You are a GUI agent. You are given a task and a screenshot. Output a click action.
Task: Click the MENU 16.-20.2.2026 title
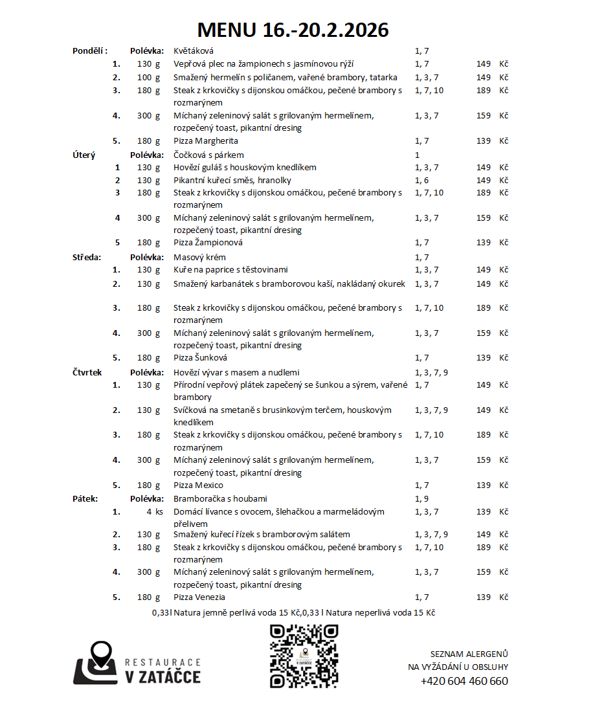293,30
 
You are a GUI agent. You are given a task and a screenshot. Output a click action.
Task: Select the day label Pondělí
89,50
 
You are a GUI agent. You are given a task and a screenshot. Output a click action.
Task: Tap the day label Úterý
84,155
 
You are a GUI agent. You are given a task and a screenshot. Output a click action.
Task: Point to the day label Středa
87,258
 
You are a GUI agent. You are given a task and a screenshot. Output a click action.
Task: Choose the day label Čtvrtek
87,373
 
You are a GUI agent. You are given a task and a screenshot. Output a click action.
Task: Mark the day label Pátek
85,499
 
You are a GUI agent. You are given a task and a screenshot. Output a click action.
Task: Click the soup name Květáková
194,50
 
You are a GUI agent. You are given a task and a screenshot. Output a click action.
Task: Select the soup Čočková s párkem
208,155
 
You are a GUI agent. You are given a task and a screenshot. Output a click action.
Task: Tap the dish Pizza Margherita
206,141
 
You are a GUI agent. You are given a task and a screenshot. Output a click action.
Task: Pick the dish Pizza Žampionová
208,243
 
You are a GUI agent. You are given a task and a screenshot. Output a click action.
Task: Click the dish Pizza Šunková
200,358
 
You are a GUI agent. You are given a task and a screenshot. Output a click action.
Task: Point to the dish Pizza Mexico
198,485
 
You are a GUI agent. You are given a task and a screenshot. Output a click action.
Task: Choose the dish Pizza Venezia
199,597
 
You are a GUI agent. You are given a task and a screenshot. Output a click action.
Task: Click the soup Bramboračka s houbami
220,499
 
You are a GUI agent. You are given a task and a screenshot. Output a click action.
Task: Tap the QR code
304,656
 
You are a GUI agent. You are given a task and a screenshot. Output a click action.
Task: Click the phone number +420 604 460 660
464,681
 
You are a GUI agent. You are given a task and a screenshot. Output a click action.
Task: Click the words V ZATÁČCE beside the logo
162,677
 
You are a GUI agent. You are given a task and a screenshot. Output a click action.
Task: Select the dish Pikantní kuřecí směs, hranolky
232,181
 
